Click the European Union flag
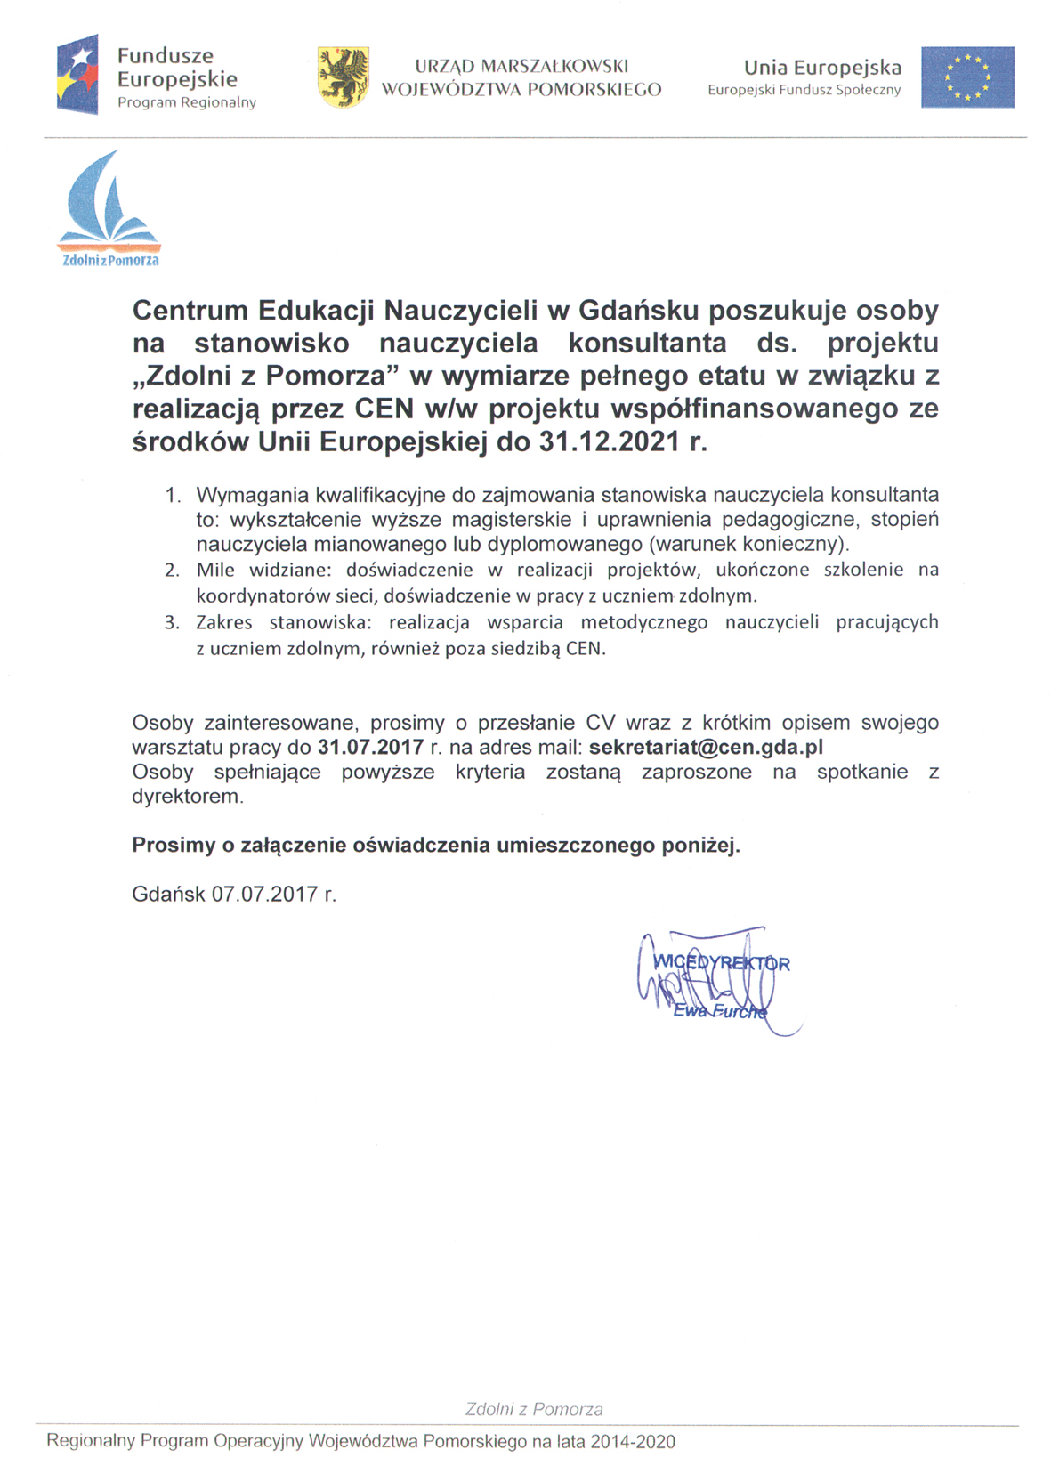[x=966, y=77]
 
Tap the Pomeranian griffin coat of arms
[x=344, y=77]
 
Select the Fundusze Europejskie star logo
[x=77, y=75]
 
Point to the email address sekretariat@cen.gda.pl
[x=706, y=746]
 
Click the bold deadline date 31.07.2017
[x=370, y=746]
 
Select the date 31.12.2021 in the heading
[x=610, y=441]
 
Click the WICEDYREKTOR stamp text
[x=722, y=963]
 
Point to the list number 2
[x=172, y=570]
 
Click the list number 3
[x=172, y=622]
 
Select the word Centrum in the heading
[x=190, y=311]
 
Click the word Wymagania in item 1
[x=252, y=494]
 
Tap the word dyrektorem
[x=187, y=797]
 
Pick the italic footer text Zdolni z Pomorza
[x=534, y=1409]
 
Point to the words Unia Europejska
[x=822, y=68]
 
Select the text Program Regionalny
[x=187, y=102]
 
